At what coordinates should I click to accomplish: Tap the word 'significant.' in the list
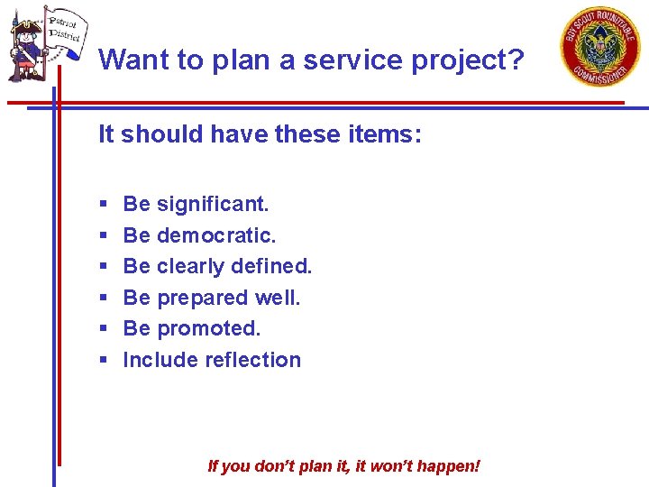(213, 204)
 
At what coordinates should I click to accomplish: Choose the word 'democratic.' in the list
(216, 235)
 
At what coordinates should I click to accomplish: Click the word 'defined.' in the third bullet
(271, 266)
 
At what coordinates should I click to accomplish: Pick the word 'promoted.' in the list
(209, 328)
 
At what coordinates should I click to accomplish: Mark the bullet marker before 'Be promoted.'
(104, 329)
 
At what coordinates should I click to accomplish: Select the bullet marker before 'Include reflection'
(104, 361)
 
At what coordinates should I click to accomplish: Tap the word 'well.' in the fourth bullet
(278, 298)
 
